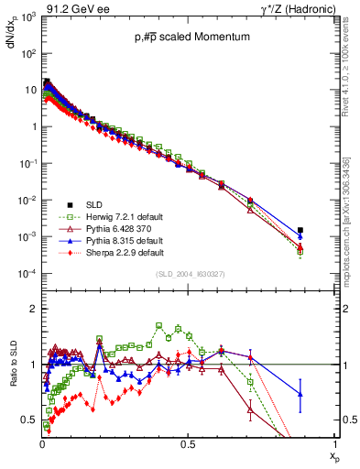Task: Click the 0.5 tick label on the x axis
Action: [189, 444]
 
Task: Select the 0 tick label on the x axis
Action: [42, 444]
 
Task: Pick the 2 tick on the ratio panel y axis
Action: [34, 309]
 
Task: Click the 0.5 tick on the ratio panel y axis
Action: [30, 420]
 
